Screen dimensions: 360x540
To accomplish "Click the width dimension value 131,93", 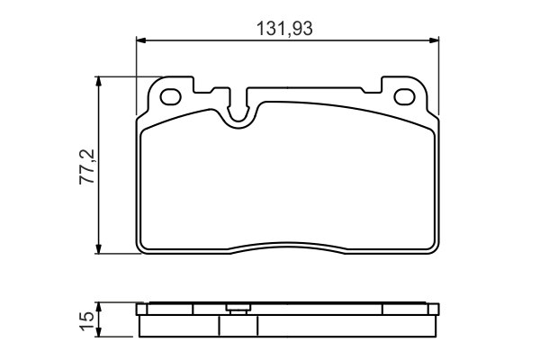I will pos(287,28).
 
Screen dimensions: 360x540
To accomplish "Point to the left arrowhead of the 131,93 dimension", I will pos(141,39).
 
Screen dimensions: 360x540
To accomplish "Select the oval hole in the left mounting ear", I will pos(171,95).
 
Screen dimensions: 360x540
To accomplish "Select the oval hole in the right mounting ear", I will pos(404,95).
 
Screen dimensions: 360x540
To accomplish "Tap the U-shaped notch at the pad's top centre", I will pos(239,109).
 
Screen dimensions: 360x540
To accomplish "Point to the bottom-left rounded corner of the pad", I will pos(144,248).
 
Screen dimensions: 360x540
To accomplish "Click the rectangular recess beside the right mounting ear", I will pos(371,93).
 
